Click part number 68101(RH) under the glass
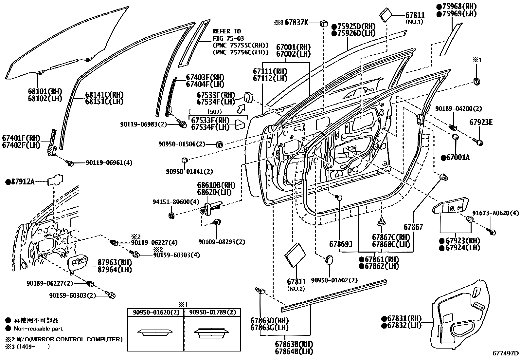(45, 91)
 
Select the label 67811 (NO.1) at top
(415, 15)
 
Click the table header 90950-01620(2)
(156, 313)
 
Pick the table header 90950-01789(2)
(212, 313)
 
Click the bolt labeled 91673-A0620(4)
(493, 232)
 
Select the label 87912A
(22, 181)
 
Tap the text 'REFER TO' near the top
(226, 31)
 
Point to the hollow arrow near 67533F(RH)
(241, 108)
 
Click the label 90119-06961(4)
(109, 162)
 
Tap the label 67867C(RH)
(391, 237)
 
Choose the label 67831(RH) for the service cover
(401, 318)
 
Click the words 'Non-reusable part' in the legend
(38, 329)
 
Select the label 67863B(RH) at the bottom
(294, 344)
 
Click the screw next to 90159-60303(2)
(111, 295)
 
